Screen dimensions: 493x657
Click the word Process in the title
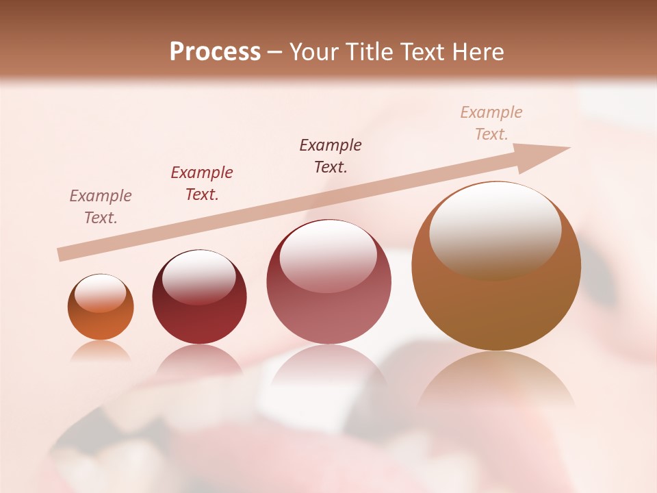[x=215, y=52]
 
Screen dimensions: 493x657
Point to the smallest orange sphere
[x=101, y=307]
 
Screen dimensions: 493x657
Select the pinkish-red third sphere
[x=328, y=282]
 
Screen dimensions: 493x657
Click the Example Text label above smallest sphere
[x=101, y=207]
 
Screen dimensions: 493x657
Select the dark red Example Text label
[x=202, y=184]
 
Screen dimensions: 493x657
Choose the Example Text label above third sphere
[x=331, y=156]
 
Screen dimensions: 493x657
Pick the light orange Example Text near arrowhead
[x=491, y=123]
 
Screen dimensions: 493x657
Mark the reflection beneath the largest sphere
[x=495, y=380]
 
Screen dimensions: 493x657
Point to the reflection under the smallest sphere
[x=101, y=351]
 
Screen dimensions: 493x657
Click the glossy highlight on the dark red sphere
[x=198, y=277]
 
